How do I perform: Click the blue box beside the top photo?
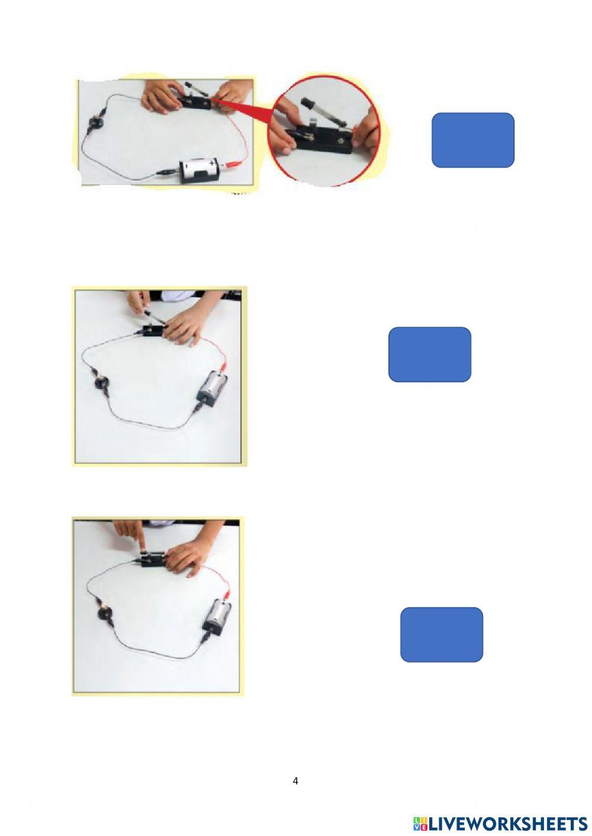click(472, 140)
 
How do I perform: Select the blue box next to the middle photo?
click(429, 354)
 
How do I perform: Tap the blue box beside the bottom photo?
click(441, 634)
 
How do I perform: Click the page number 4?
click(295, 781)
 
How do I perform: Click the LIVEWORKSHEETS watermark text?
click(507, 823)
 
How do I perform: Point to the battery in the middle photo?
click(213, 387)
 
